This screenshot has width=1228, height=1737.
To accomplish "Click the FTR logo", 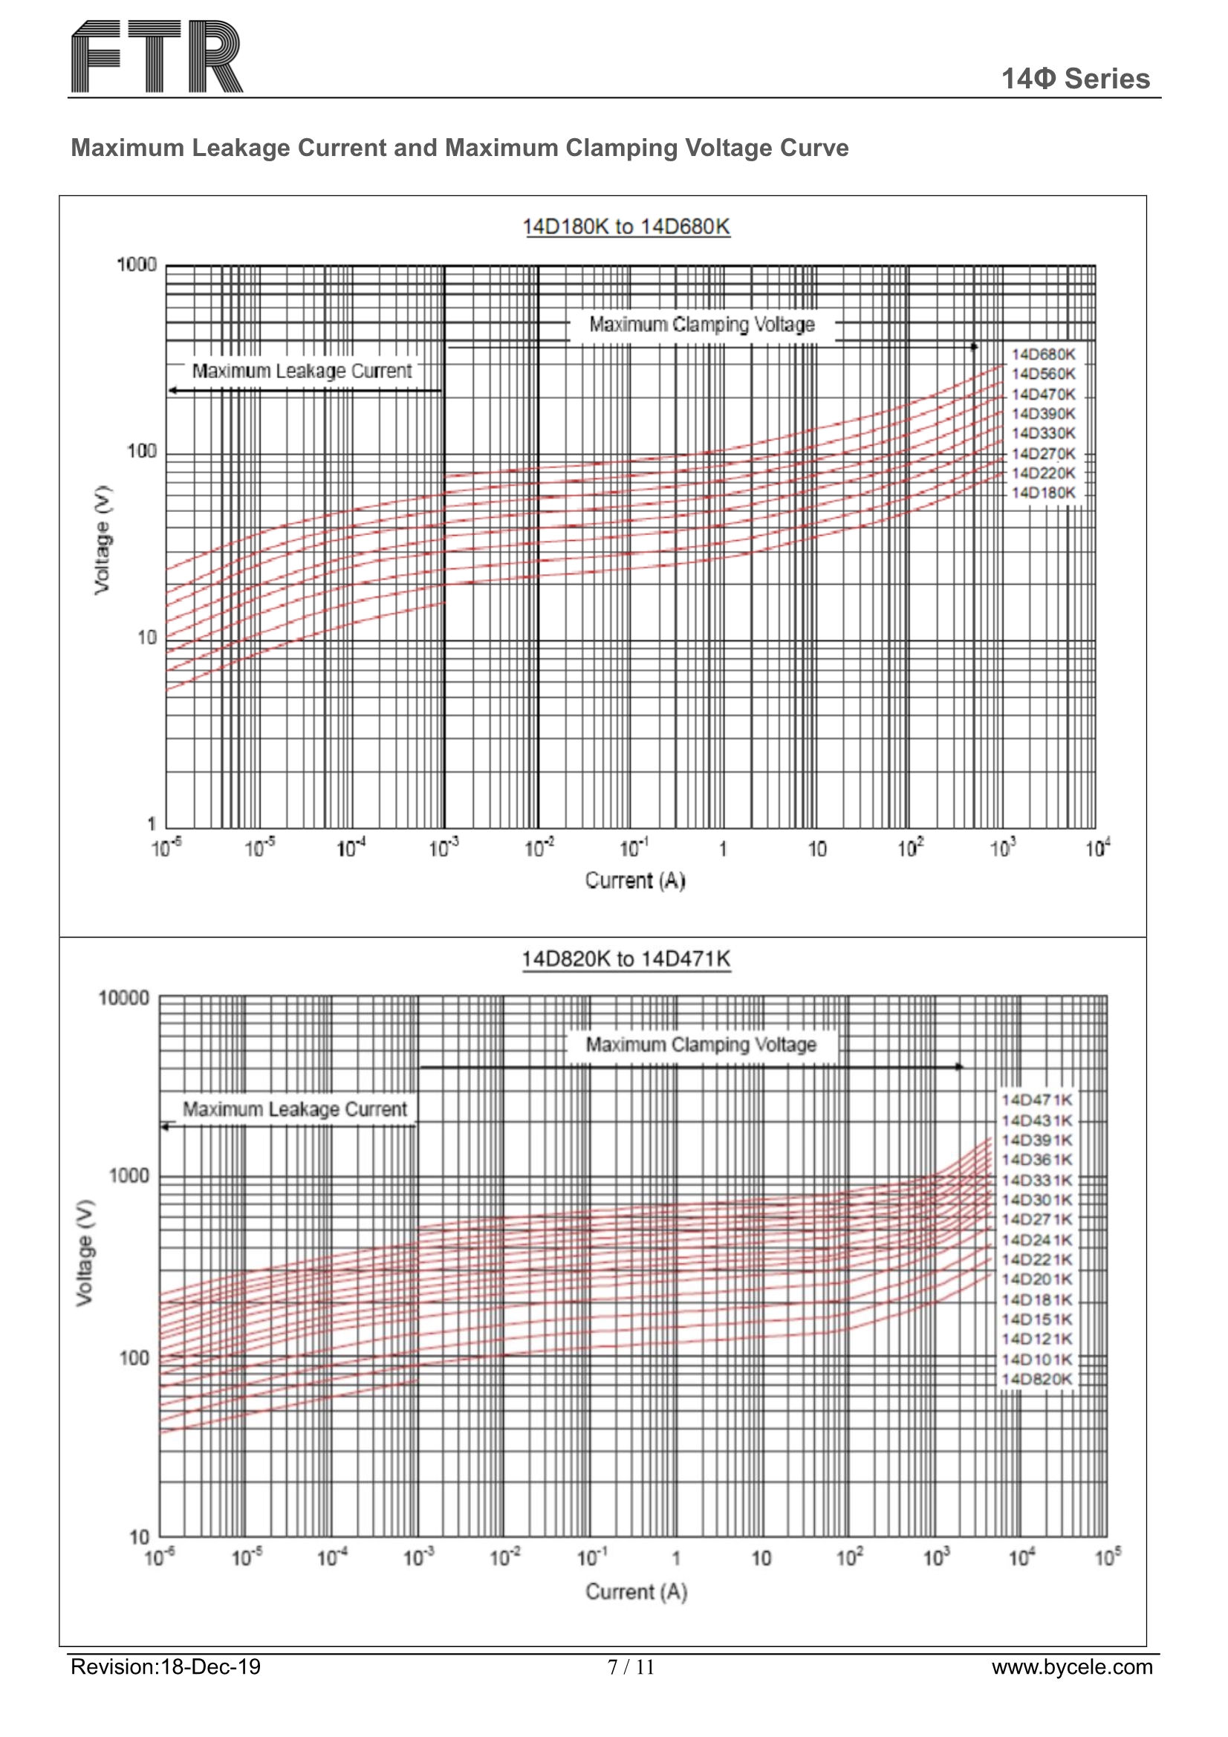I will [x=157, y=56].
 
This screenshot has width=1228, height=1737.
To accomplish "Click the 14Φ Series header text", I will [x=1074, y=79].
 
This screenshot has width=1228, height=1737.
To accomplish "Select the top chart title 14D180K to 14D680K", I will [x=626, y=226].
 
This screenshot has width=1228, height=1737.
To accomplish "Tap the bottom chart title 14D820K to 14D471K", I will [x=626, y=958].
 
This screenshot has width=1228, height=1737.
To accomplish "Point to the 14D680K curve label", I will [x=1042, y=354].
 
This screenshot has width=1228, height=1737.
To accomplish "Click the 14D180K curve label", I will [x=1042, y=493].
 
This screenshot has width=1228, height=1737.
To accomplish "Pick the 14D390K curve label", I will [x=1042, y=414].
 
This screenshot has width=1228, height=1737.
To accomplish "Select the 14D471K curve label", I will [x=1036, y=1100].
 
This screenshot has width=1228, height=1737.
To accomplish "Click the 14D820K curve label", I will [x=1036, y=1378].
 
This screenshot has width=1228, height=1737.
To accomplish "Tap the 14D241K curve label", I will [x=1036, y=1240].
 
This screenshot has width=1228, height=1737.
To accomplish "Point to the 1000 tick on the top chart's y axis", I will [x=136, y=264].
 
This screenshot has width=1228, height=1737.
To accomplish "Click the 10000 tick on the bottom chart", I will [x=124, y=998].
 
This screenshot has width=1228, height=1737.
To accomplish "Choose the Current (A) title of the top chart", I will [x=635, y=880].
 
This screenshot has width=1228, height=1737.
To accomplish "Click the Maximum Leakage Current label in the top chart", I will [x=301, y=371].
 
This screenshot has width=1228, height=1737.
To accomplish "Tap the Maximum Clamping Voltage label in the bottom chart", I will [x=701, y=1045].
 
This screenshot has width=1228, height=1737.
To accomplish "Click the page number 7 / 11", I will [x=630, y=1666].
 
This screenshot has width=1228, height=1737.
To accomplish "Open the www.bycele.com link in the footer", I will [x=1071, y=1666].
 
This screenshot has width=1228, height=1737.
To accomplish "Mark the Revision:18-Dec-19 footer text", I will [x=166, y=1666].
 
